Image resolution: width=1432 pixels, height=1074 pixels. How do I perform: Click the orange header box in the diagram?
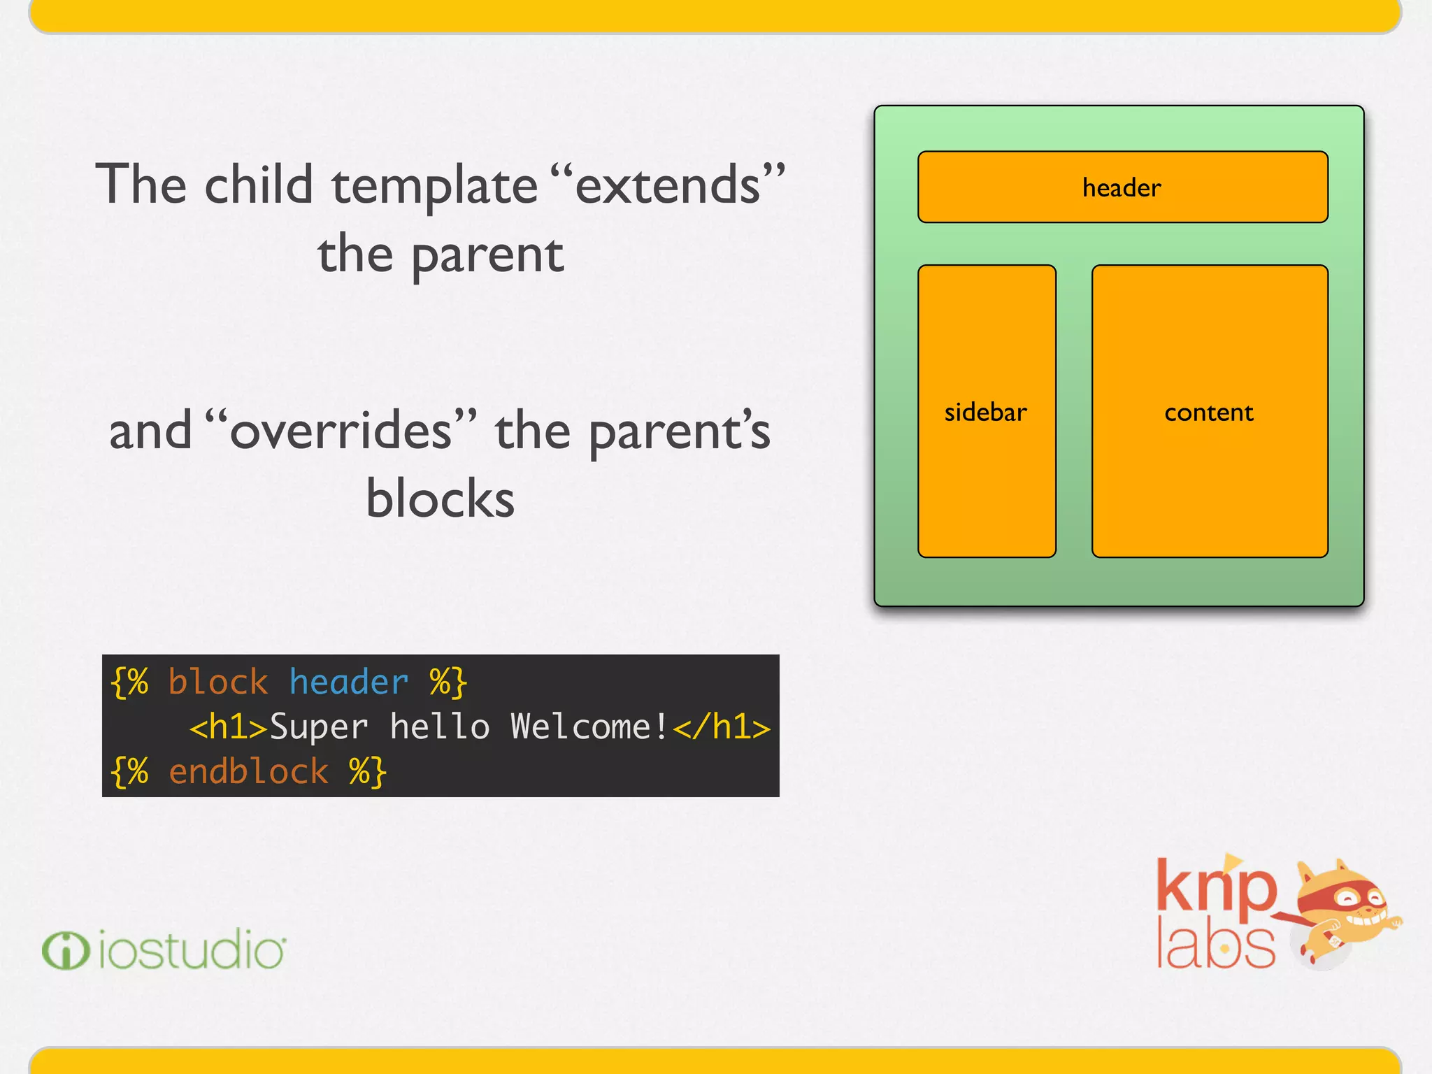(1122, 187)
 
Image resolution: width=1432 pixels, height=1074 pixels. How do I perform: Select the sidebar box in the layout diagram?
(986, 411)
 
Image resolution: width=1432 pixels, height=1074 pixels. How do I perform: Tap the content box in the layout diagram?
(1209, 411)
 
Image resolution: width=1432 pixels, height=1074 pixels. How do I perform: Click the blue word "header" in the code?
(348, 682)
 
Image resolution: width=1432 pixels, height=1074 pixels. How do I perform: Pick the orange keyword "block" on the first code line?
(217, 682)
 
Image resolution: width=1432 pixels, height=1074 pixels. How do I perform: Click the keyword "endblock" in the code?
(248, 771)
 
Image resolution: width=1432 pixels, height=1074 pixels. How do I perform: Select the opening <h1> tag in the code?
(228, 727)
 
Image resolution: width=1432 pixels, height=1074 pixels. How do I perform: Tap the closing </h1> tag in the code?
(722, 727)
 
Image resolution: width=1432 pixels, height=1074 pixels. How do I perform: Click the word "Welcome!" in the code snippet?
(589, 727)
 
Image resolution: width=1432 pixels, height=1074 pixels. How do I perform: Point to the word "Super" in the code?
(318, 727)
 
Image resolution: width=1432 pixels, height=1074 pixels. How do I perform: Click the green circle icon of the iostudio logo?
(66, 950)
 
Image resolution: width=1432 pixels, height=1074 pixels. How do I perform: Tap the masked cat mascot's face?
(1349, 902)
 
